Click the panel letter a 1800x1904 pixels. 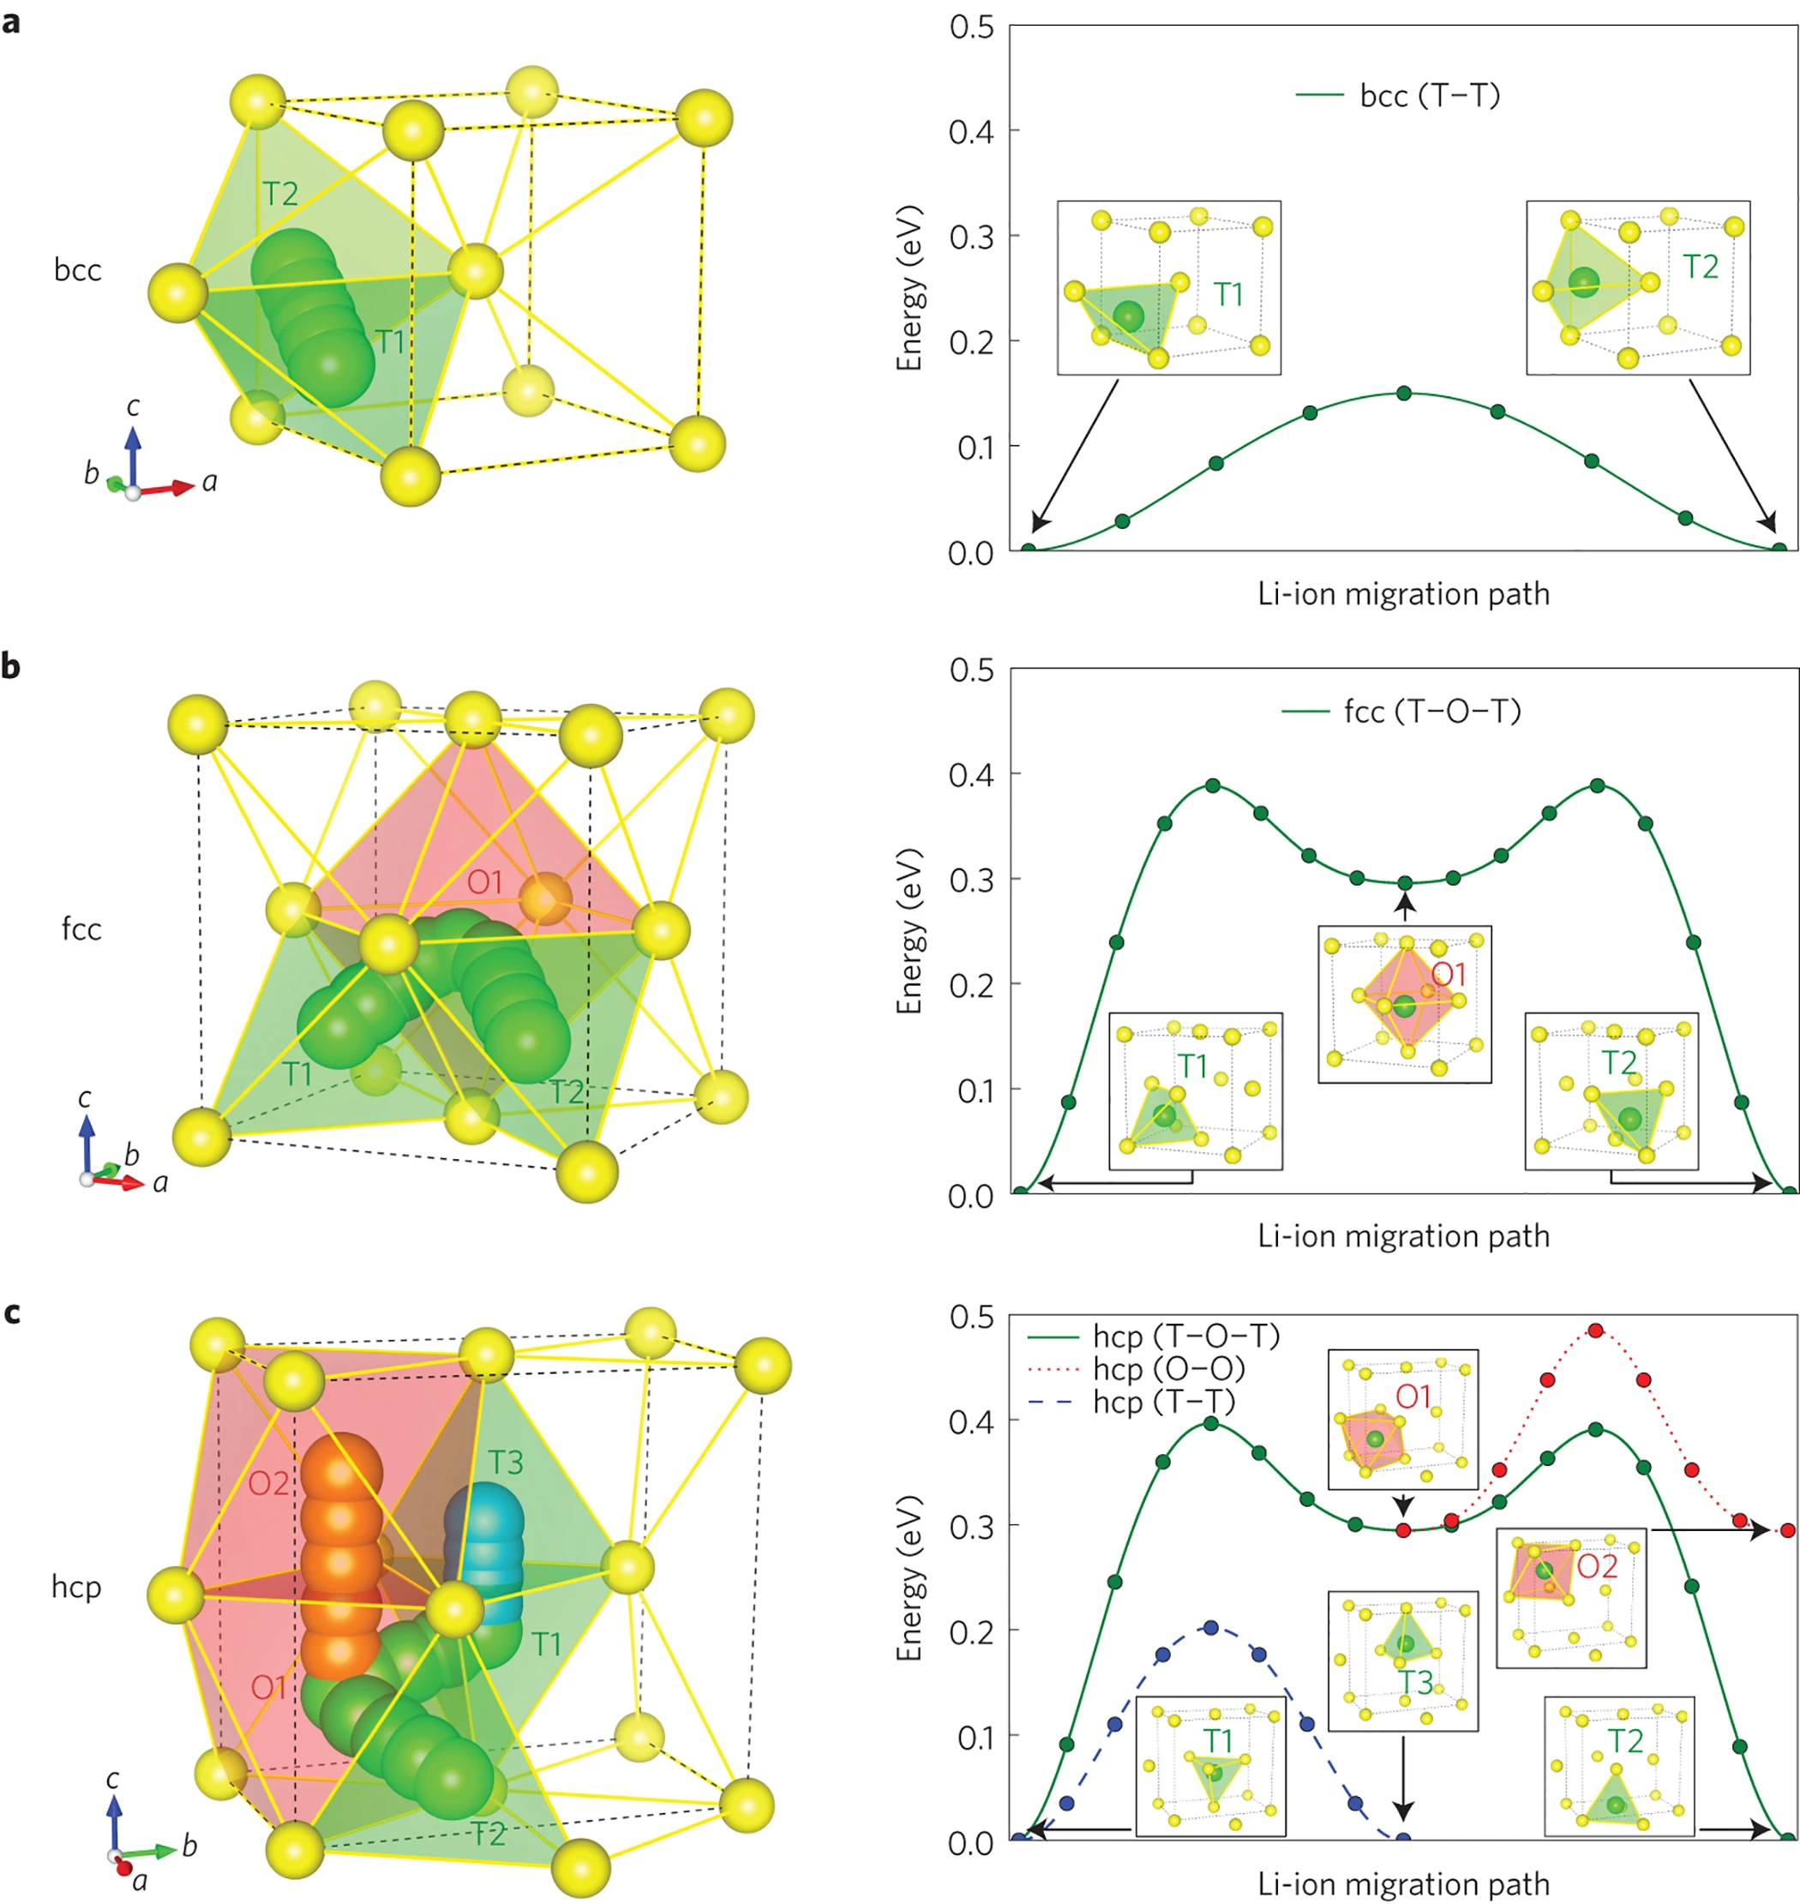(x=11, y=22)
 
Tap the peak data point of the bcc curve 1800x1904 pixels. (x=1404, y=393)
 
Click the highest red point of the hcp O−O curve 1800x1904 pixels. (x=1596, y=1330)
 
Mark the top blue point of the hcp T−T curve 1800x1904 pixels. (x=1211, y=1628)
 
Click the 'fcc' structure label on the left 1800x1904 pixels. (x=81, y=929)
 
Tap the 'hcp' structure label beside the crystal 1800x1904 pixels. (x=77, y=1586)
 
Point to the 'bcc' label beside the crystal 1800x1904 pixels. (x=78, y=271)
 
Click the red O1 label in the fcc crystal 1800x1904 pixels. (x=484, y=882)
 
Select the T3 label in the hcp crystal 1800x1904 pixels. (x=506, y=1462)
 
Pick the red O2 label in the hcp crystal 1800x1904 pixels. (x=268, y=1484)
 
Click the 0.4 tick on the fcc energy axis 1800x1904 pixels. (x=971, y=774)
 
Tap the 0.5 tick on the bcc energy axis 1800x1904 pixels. (x=971, y=27)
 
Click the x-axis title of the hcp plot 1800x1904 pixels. (x=1403, y=1883)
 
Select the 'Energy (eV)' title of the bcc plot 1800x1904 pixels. (x=909, y=288)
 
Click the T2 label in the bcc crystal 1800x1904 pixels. (x=280, y=194)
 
